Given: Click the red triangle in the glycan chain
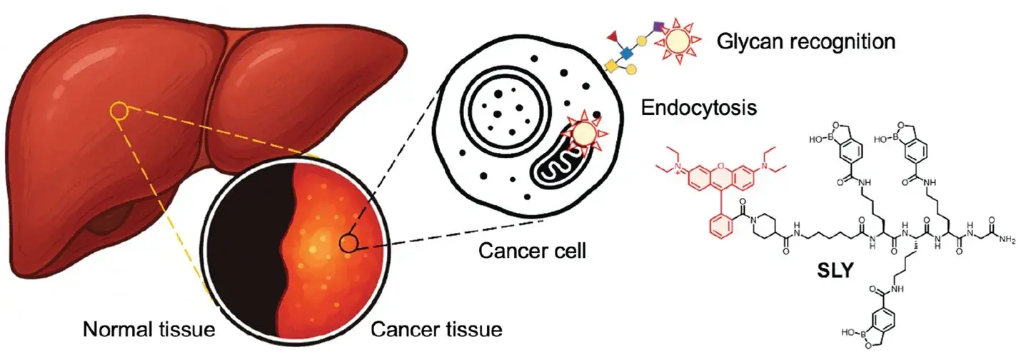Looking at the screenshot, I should pos(613,35).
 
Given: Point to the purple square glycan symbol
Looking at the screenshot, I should pos(658,28).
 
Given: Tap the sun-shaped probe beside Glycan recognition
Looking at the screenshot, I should pos(679,43).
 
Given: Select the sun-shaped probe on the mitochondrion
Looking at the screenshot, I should pos(585,133).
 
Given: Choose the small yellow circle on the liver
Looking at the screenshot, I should pos(119,111).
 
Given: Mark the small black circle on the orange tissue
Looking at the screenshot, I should pos(348,244).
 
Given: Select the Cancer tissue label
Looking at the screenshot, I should pos(436,330).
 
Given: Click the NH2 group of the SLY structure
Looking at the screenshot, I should pos(1007,240).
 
